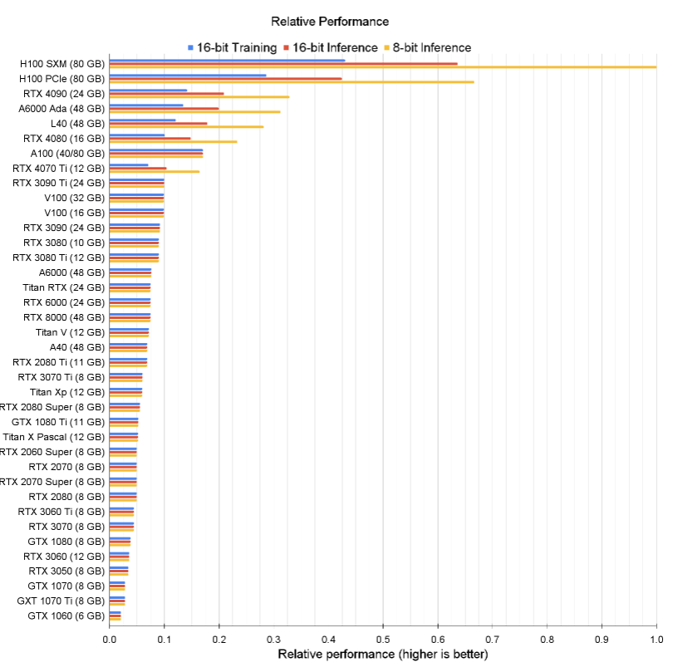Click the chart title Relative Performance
(x=330, y=21)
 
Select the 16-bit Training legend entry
(x=236, y=47)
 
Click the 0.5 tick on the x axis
(x=383, y=640)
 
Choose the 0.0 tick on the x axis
(x=110, y=640)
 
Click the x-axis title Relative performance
(x=383, y=655)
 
